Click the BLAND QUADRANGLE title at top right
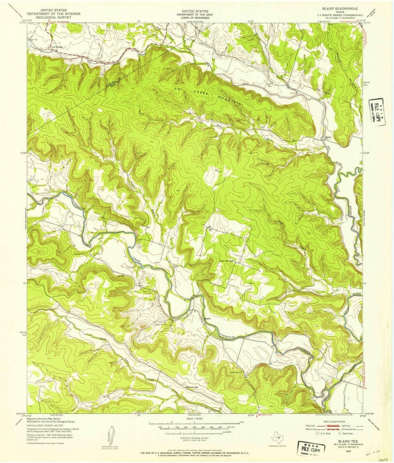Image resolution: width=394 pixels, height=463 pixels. [340, 8]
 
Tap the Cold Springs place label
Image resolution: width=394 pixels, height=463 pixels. [57, 47]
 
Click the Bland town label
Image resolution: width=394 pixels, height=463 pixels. [327, 137]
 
